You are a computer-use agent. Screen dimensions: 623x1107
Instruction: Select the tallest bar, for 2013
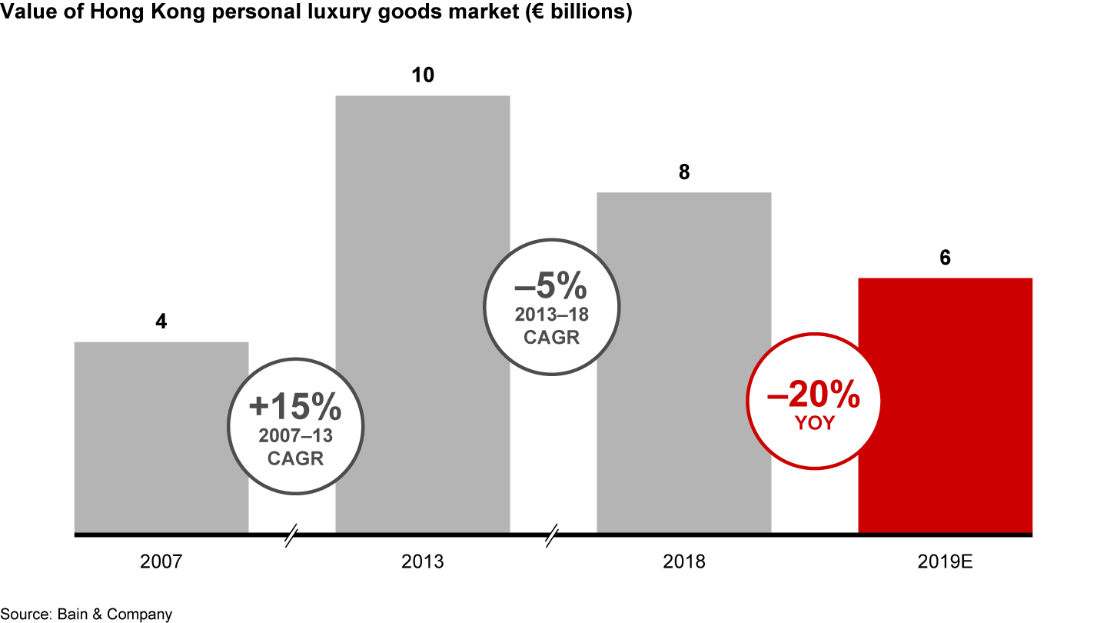point(422,231)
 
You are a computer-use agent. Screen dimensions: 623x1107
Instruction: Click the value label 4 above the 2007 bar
point(161,321)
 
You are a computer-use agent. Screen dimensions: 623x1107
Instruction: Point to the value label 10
point(423,75)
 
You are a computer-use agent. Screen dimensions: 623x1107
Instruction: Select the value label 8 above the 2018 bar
point(684,172)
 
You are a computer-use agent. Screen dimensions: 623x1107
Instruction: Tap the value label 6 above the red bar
point(945,258)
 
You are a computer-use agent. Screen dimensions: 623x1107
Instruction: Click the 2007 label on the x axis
point(161,562)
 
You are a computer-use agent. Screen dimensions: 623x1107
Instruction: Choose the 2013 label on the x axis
point(423,562)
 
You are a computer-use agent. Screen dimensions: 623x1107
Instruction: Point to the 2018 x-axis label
point(684,562)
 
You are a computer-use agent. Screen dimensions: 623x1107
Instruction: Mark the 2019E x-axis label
point(945,562)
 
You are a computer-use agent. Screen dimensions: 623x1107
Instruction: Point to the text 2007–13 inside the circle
point(294,436)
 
